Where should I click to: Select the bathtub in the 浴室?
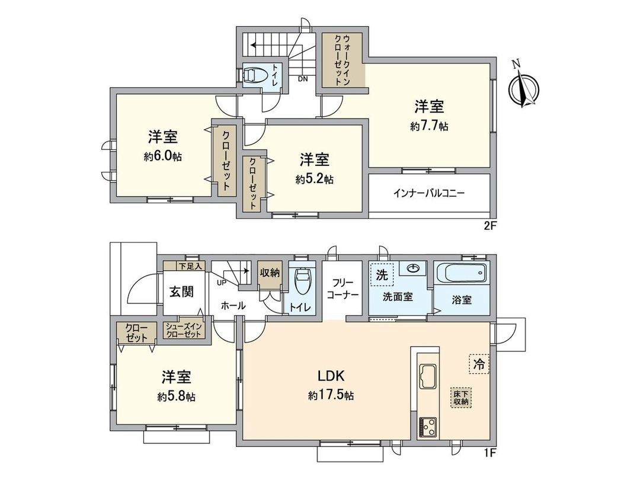462,274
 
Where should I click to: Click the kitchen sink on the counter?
428,375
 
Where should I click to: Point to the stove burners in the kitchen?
428,425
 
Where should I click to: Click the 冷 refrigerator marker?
479,364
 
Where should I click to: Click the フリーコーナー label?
341,288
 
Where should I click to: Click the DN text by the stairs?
302,79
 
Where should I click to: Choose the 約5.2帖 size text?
314,179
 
